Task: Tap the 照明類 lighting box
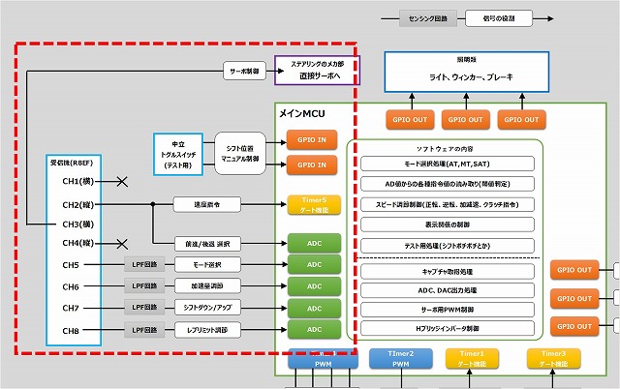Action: click(x=457, y=70)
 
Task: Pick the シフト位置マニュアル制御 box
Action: click(x=236, y=151)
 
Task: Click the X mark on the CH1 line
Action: click(x=122, y=182)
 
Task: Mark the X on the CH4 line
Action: click(x=122, y=244)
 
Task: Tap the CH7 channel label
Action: click(x=71, y=308)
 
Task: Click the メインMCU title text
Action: click(x=302, y=113)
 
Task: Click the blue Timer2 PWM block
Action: click(x=399, y=360)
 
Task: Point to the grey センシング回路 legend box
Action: click(x=426, y=17)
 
